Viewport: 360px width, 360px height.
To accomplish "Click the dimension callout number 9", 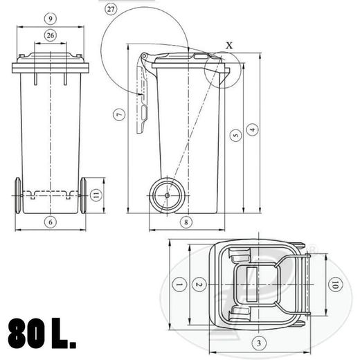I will (x=50, y=16).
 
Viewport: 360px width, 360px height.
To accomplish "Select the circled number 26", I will (x=50, y=35).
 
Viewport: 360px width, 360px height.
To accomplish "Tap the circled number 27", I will (x=111, y=8).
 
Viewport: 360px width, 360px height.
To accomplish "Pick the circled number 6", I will (x=50, y=222).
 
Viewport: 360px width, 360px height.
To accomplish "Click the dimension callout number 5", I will (x=235, y=136).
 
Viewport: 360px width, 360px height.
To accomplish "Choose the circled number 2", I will (x=199, y=285).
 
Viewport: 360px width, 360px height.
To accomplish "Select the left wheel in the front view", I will (x=17, y=197).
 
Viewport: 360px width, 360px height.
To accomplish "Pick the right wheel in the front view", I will (x=83, y=197).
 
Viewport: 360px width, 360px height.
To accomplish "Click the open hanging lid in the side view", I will (x=144, y=97).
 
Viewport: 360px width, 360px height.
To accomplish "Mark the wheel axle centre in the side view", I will (x=167, y=196).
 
